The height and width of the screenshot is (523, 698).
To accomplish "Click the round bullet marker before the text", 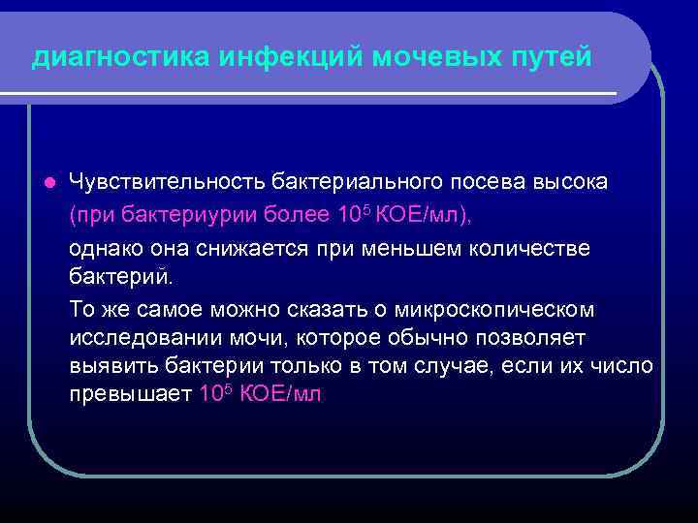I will [48, 182].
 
